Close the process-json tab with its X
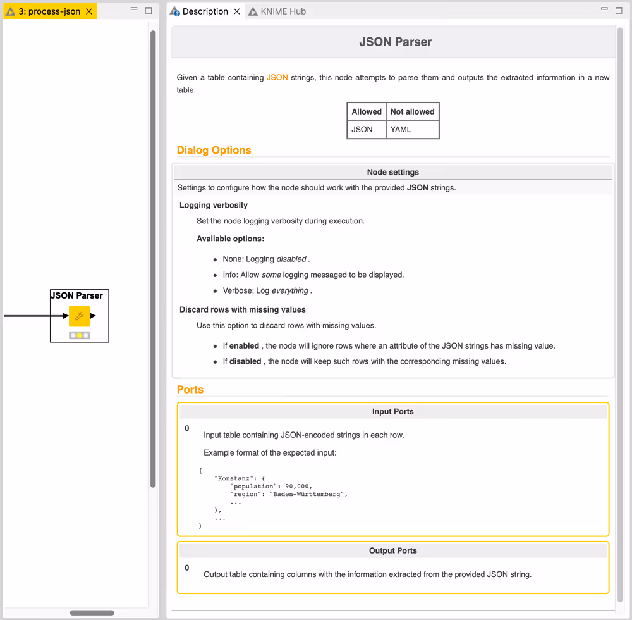(89, 11)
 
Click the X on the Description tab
(236, 11)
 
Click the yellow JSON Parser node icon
(79, 316)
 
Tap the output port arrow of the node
(93, 316)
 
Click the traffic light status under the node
(79, 335)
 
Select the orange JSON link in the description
(277, 77)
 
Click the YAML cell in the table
(401, 129)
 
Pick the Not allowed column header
(412, 111)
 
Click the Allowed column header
(367, 111)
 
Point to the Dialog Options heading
(214, 150)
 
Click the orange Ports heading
(190, 389)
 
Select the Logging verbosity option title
(213, 205)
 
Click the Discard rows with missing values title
(242, 309)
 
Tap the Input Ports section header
(392, 411)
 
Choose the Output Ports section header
(392, 550)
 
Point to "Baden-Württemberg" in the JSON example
(308, 494)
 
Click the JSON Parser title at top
(395, 42)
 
